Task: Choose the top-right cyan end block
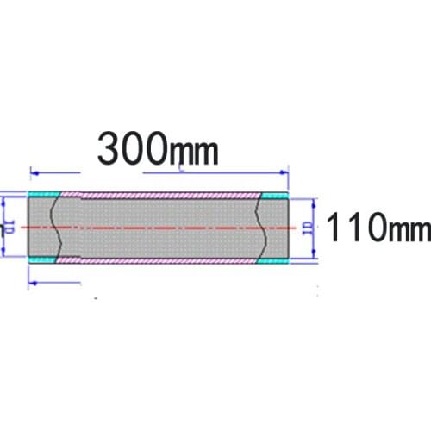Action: [x=273, y=196]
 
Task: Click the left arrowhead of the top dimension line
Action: [x=33, y=170]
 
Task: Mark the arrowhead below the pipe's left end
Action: [x=33, y=280]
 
